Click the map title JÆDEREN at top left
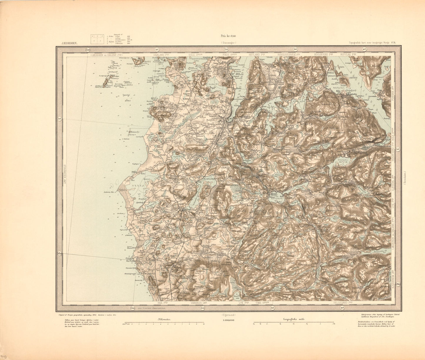pyautogui.click(x=69, y=43)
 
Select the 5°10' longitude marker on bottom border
pyautogui.click(x=133, y=308)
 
